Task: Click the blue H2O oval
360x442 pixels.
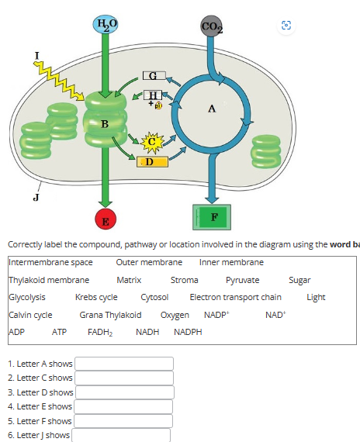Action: [x=106, y=24]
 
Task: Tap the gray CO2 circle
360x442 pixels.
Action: [x=211, y=26]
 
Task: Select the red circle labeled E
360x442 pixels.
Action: [x=106, y=219]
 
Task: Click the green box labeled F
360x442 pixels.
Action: [x=212, y=217]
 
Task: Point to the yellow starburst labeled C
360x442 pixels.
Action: [x=152, y=142]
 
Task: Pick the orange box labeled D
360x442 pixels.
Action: [x=152, y=162]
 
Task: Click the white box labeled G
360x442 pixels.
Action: [x=154, y=75]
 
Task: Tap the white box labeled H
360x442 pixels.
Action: [x=153, y=95]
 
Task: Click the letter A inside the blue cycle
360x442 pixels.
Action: [x=212, y=109]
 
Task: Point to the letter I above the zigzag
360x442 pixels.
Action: [x=36, y=56]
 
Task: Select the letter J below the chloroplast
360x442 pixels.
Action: [x=36, y=197]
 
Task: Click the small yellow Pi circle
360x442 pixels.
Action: [x=158, y=105]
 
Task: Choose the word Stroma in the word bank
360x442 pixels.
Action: [x=185, y=280]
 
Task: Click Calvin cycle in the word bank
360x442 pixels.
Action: [x=30, y=315]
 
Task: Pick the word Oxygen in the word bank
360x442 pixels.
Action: [x=175, y=315]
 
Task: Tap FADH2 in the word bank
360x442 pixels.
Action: [x=100, y=332]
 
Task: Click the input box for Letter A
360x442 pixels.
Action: [x=124, y=364]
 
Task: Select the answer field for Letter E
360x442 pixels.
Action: [x=123, y=407]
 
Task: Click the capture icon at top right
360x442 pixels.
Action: [x=286, y=26]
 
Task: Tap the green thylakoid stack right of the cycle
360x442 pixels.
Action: [x=266, y=151]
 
